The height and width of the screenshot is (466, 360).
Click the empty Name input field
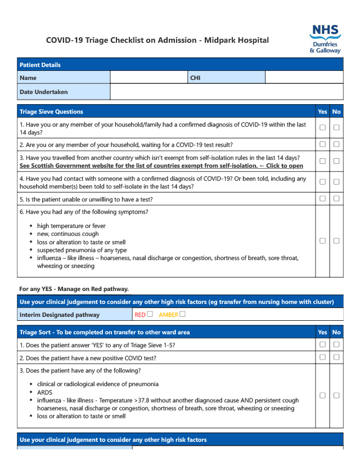pos(149,78)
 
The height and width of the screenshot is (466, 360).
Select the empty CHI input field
pos(304,78)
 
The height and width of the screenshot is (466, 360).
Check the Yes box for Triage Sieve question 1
pos(322,128)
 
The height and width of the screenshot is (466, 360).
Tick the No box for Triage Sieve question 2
pos(336,145)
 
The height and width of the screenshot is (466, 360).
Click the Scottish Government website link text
pos(161,166)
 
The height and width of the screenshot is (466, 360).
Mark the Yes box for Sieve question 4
pos(322,182)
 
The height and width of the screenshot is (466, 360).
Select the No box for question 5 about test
pos(336,199)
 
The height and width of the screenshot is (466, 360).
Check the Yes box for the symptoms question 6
pos(322,241)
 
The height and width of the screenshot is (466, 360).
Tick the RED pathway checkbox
pos(150,314)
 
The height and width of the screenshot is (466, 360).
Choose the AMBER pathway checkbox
pos(182,314)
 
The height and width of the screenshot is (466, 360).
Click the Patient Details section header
pos(40,65)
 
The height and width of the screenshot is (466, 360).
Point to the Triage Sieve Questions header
pos(51,111)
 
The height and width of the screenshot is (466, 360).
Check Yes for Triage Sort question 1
pos(322,344)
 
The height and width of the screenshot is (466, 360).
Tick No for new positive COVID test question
pos(336,357)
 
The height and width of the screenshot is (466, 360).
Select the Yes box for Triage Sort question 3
pos(322,395)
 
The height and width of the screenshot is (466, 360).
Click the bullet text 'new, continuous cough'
pos(67,234)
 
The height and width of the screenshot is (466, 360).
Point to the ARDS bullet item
pos(46,392)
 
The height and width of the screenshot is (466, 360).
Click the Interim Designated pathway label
pos(59,315)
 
